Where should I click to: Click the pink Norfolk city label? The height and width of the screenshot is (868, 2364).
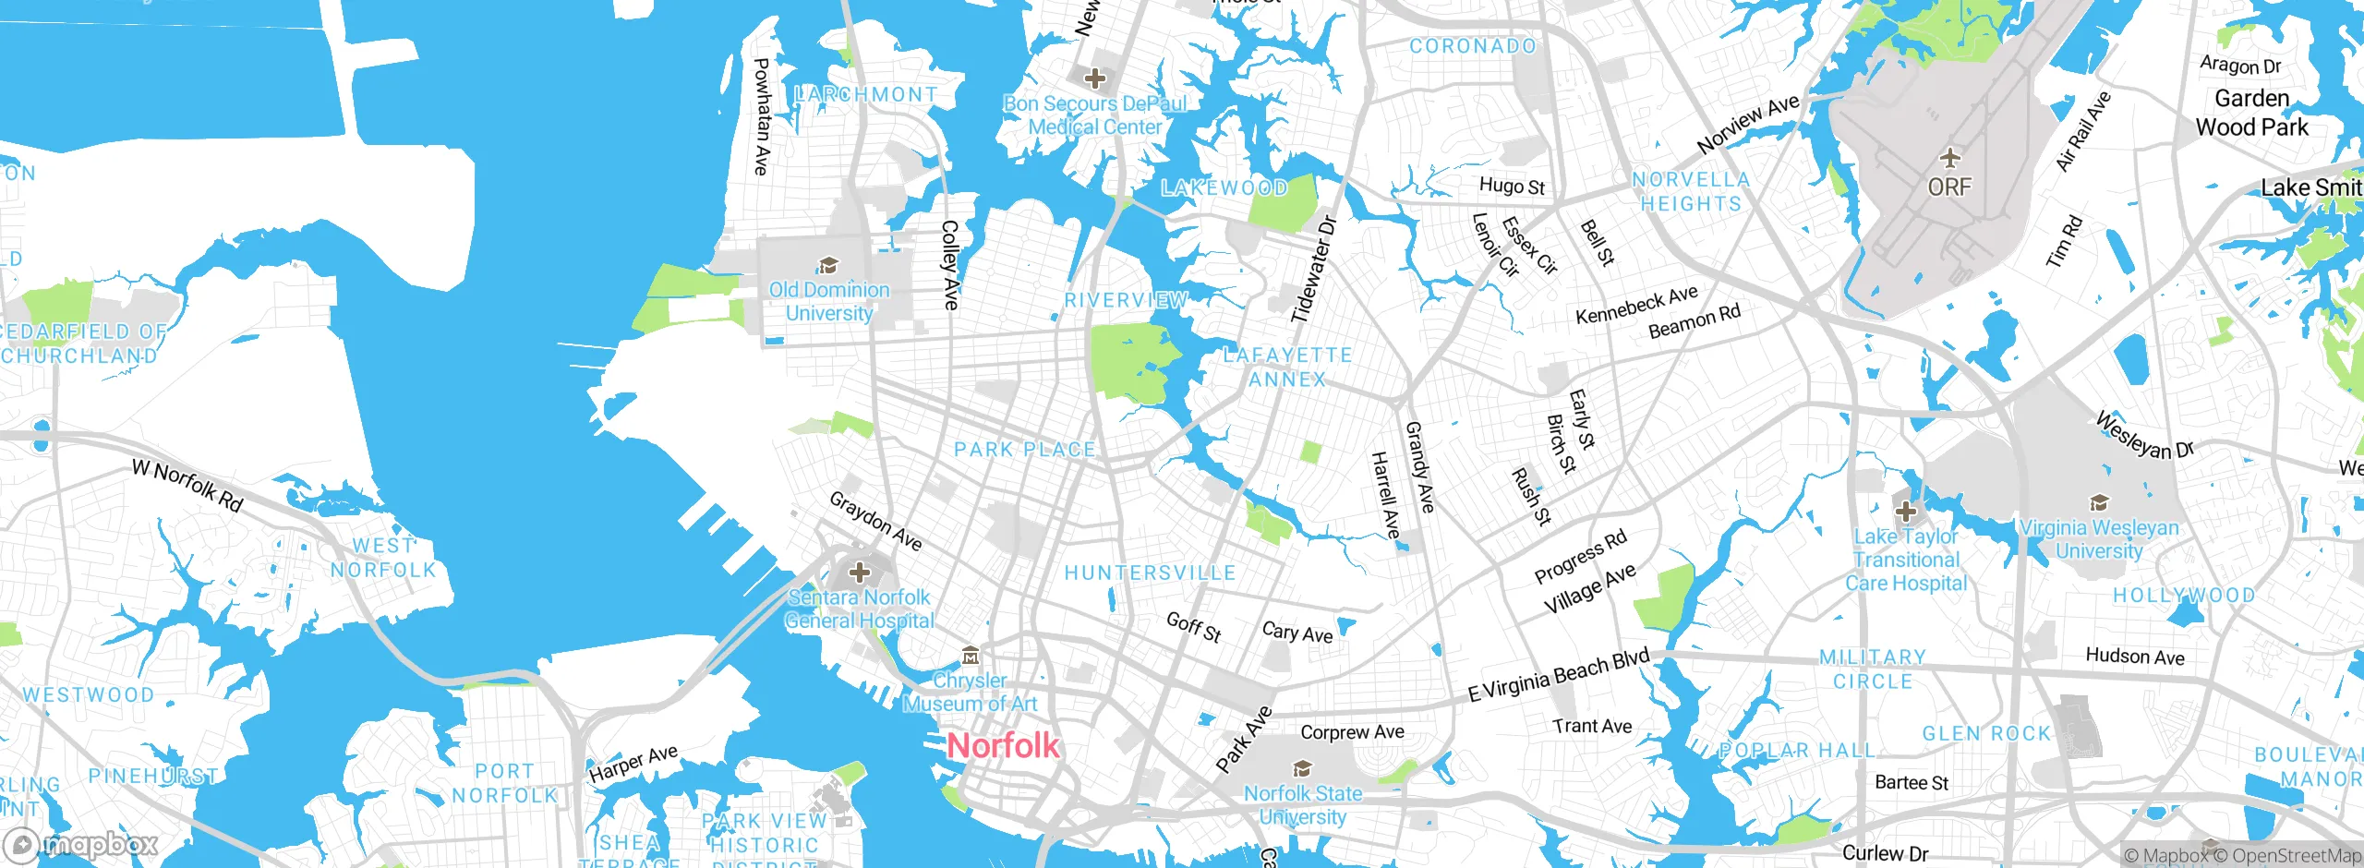tap(1004, 745)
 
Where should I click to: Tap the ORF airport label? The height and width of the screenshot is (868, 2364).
tap(1949, 187)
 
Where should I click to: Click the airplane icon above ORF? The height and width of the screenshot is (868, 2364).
tap(1949, 157)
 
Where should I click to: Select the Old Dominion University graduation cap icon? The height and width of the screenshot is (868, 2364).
tap(828, 266)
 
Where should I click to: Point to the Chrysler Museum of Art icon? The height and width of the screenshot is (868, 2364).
tap(970, 657)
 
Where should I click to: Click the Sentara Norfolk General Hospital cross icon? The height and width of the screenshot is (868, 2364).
tap(859, 573)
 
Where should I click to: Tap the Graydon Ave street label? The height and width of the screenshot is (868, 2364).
tap(875, 521)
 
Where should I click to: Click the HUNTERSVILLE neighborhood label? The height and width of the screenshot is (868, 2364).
tap(1150, 573)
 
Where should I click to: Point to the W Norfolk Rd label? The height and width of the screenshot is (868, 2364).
tap(187, 485)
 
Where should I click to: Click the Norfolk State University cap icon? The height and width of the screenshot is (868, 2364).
tap(1302, 768)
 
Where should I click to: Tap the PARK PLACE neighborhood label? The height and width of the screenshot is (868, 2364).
tap(1024, 450)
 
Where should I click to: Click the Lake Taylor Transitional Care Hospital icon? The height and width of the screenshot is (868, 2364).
tap(1905, 511)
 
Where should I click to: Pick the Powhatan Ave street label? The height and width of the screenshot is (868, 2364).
tap(761, 116)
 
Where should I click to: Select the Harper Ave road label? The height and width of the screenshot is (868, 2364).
tap(633, 764)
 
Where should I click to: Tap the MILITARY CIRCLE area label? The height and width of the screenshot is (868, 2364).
tap(1873, 669)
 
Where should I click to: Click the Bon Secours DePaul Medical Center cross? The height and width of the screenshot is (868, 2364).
tap(1095, 78)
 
